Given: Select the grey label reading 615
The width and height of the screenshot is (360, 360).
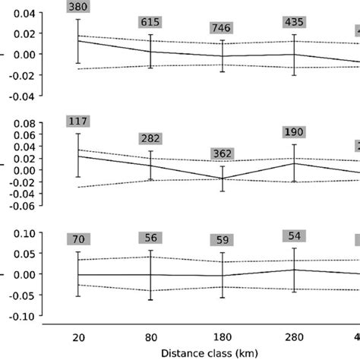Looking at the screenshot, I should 150,23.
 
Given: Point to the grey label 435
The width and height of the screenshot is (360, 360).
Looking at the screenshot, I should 294,22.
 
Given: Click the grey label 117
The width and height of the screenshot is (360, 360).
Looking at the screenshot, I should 78,122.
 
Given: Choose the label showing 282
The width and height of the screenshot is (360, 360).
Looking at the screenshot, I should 150,138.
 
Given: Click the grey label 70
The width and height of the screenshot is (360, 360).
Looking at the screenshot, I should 78,240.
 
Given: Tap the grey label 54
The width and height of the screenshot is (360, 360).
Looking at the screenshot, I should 294,235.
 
